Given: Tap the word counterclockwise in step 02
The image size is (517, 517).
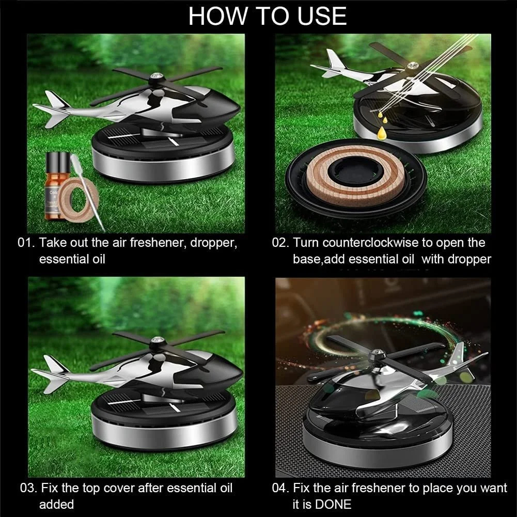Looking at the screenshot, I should pos(383,243).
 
